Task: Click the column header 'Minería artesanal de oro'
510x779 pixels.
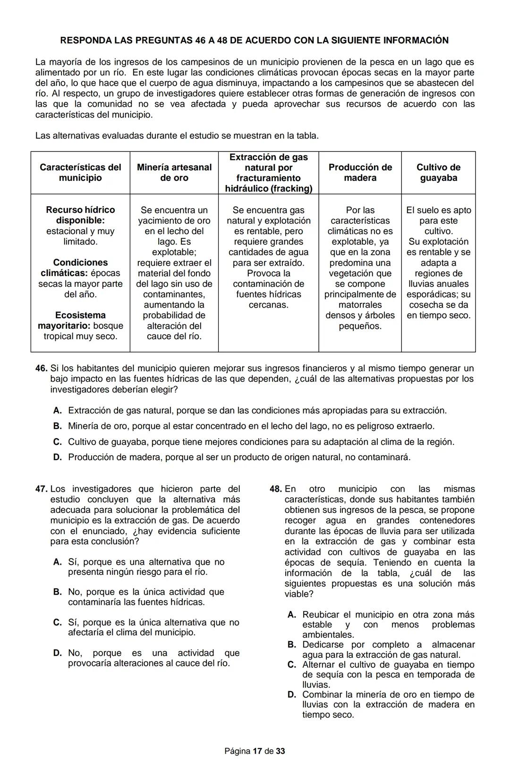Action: [174, 173]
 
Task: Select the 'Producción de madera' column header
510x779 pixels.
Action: [360, 173]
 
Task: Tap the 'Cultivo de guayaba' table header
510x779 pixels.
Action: [438, 173]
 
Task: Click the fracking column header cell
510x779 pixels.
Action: [268, 173]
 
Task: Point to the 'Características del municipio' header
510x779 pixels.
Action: [80, 173]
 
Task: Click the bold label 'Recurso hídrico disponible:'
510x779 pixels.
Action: [80, 215]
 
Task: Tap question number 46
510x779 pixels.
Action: [41, 369]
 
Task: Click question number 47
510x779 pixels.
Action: [41, 489]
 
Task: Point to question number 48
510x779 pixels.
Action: [275, 489]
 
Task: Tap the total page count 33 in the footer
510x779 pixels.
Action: [280, 751]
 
